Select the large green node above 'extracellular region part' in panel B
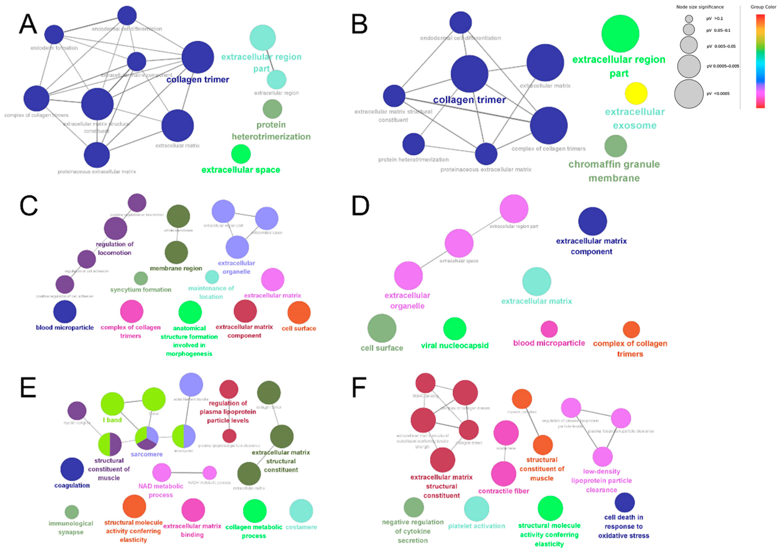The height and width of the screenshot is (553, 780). pyautogui.click(x=620, y=34)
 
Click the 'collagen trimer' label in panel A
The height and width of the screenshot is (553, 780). pyautogui.click(x=198, y=80)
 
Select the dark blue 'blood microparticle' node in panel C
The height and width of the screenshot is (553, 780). pyautogui.click(x=65, y=312)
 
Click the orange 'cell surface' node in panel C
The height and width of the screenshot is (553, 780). pyautogui.click(x=299, y=312)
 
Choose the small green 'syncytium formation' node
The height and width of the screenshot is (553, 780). pyautogui.click(x=141, y=278)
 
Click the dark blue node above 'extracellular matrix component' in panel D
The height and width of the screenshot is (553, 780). pyautogui.click(x=592, y=221)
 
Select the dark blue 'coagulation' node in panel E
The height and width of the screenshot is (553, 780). pyautogui.click(x=72, y=469)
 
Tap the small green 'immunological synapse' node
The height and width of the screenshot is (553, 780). pyautogui.click(x=72, y=512)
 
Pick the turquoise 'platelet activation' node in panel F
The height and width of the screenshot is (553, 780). pyautogui.click(x=476, y=509)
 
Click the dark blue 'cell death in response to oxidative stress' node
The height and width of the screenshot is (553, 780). pyautogui.click(x=624, y=503)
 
